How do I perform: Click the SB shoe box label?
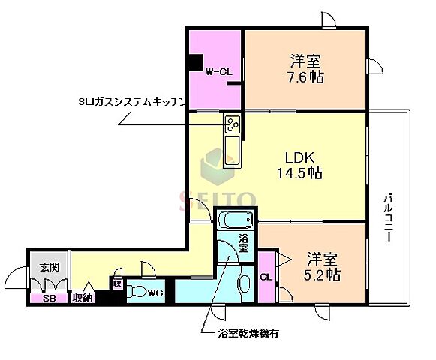pos(49,298)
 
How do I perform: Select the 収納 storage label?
pos(83,298)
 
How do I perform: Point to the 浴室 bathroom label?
pos(244,243)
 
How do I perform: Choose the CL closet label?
pos(266,277)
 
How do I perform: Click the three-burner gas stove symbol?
pos(232,124)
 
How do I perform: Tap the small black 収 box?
pos(117,283)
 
